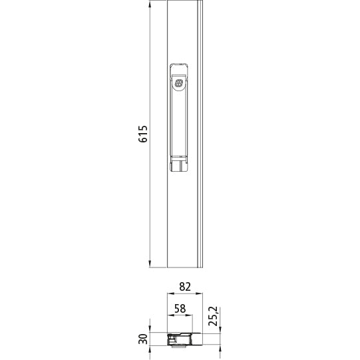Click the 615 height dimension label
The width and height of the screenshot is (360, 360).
pos(143,135)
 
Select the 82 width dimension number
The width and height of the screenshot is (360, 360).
pos(185,287)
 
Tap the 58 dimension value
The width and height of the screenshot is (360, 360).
pos(180,308)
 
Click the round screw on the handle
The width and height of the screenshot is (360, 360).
pos(178,83)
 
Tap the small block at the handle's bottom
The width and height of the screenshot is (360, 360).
pos(178,164)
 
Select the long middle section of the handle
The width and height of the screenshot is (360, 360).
pos(178,123)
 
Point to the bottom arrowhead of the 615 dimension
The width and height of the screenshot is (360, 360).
pos(150,264)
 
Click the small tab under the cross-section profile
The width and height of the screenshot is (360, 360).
pos(177,346)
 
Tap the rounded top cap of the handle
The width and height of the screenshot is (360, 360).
pos(178,67)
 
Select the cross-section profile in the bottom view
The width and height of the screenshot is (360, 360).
pos(184,339)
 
